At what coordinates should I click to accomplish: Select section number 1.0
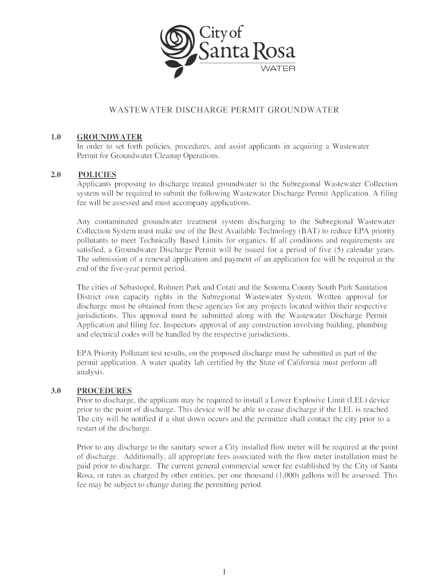click(55, 137)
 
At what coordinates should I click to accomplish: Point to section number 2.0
click(55, 174)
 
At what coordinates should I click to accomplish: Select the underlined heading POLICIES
click(97, 174)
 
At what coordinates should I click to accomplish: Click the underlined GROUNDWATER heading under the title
click(109, 137)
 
